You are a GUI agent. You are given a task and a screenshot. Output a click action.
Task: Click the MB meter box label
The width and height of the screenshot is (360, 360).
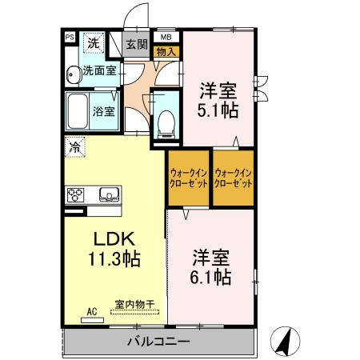166,37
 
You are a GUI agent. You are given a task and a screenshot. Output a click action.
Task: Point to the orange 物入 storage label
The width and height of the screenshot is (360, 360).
166,51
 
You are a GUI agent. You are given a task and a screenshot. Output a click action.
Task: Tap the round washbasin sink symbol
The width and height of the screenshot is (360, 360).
72,73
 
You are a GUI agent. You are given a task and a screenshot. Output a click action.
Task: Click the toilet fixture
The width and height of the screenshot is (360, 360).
166,119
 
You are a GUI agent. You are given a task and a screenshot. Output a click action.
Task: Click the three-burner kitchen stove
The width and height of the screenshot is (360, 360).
78,194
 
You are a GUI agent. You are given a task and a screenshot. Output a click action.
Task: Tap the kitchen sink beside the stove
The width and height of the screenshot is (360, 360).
108,194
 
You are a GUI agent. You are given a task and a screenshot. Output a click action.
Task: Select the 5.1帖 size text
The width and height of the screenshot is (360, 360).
218,110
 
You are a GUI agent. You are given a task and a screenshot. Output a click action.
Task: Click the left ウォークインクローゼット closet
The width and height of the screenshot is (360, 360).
189,178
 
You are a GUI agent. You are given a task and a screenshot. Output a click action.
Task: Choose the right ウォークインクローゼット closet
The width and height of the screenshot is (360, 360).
234,178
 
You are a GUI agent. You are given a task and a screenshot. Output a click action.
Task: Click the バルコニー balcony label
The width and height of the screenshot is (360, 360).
157,342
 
